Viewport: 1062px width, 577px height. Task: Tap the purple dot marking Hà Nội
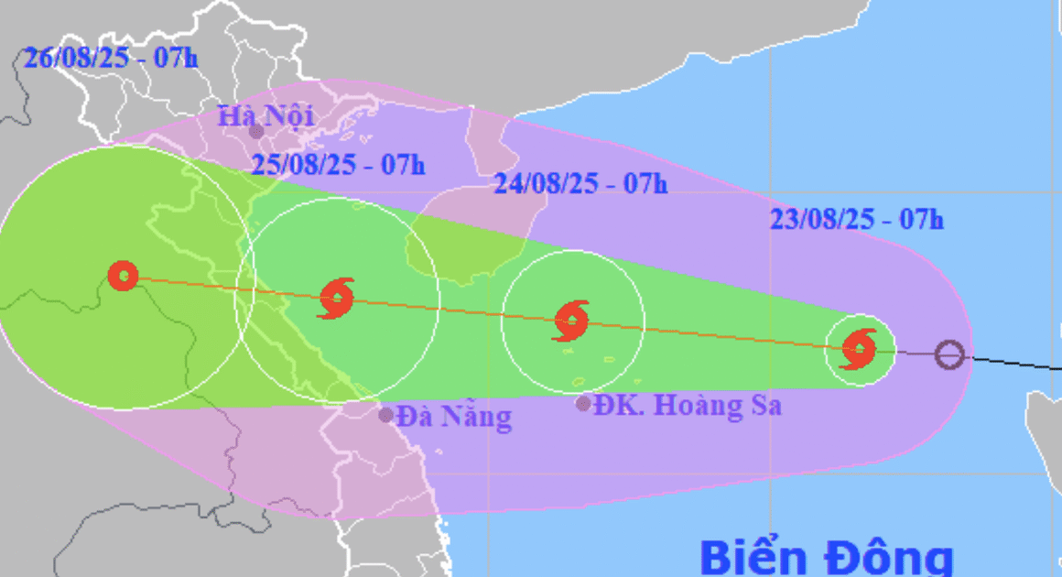click(x=257, y=132)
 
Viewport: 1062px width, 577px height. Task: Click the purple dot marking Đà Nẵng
click(x=386, y=415)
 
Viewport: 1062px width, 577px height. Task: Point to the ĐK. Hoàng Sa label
click(x=688, y=405)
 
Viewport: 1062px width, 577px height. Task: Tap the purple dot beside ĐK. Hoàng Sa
click(x=583, y=404)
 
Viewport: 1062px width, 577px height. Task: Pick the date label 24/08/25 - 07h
click(x=580, y=183)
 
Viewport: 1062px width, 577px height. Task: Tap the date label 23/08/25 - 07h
click(x=857, y=220)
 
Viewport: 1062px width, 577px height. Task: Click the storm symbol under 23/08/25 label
click(x=860, y=348)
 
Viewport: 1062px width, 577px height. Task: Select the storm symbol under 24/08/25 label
click(x=572, y=321)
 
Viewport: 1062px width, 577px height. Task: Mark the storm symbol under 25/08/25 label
click(x=337, y=298)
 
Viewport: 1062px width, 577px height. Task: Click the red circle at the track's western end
click(x=123, y=276)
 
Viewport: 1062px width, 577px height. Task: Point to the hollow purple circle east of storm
click(x=950, y=354)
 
